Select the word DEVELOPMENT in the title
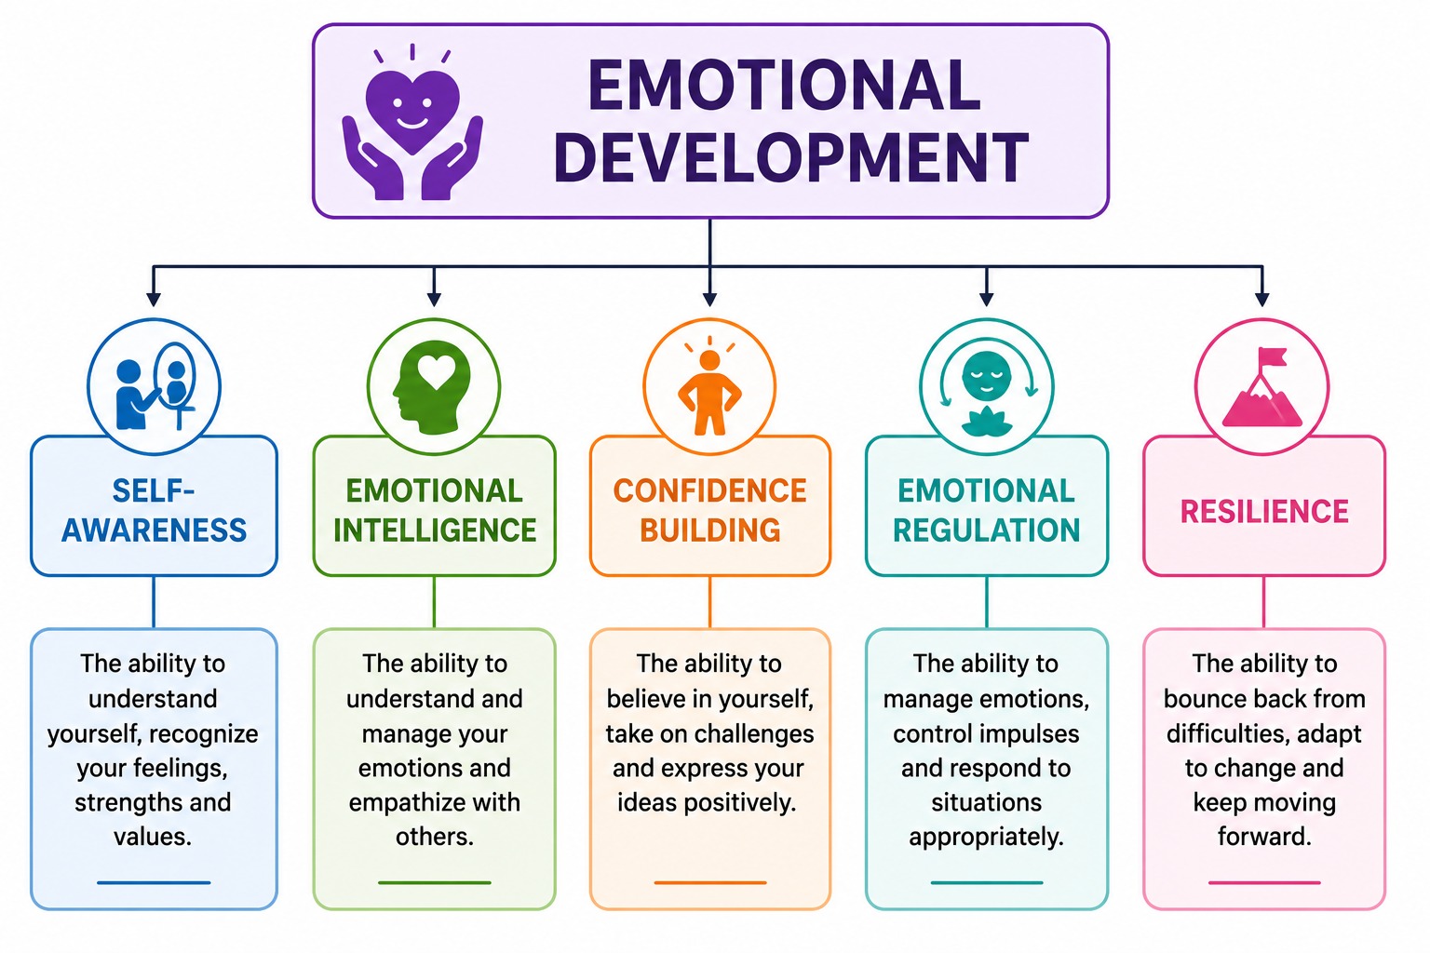791,157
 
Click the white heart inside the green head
436,370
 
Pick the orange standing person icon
710,392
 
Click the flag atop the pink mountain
1272,358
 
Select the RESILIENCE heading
1264,511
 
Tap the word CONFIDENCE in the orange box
710,490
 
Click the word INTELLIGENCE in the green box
435,530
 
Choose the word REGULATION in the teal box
986,530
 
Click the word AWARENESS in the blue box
154,530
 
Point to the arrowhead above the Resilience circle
1262,300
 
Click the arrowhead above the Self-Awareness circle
154,300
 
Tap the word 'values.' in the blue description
154,837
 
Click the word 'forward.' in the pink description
1264,837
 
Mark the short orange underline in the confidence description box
710,883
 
